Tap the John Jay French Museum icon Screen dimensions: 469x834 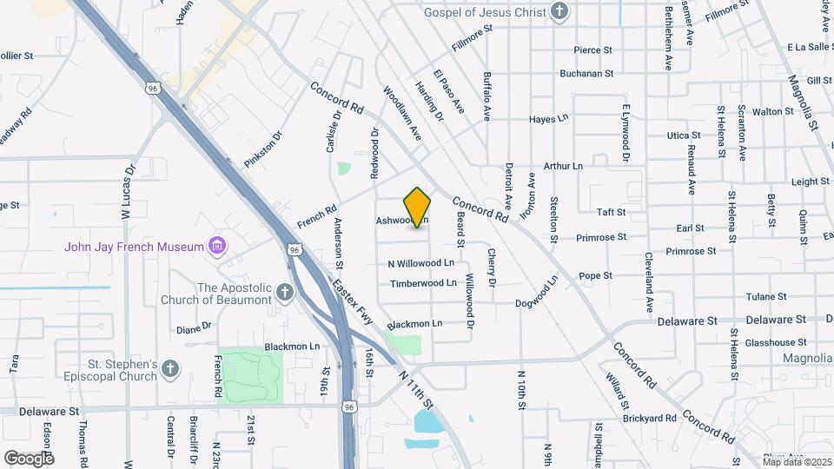coord(217,247)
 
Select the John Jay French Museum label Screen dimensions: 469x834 coord(134,247)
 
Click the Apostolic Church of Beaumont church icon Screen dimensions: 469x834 coord(286,294)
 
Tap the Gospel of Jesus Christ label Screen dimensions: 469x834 coord(485,12)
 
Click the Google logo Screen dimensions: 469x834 coord(29,458)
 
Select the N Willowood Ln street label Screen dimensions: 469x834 coord(421,262)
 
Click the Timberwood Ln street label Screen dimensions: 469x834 coord(423,283)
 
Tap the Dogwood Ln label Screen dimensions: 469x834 coord(535,293)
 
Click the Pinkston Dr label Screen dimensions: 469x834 coord(264,149)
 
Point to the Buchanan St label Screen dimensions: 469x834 coord(586,74)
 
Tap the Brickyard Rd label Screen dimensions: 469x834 coord(650,418)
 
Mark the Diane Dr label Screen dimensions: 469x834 coord(194,327)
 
